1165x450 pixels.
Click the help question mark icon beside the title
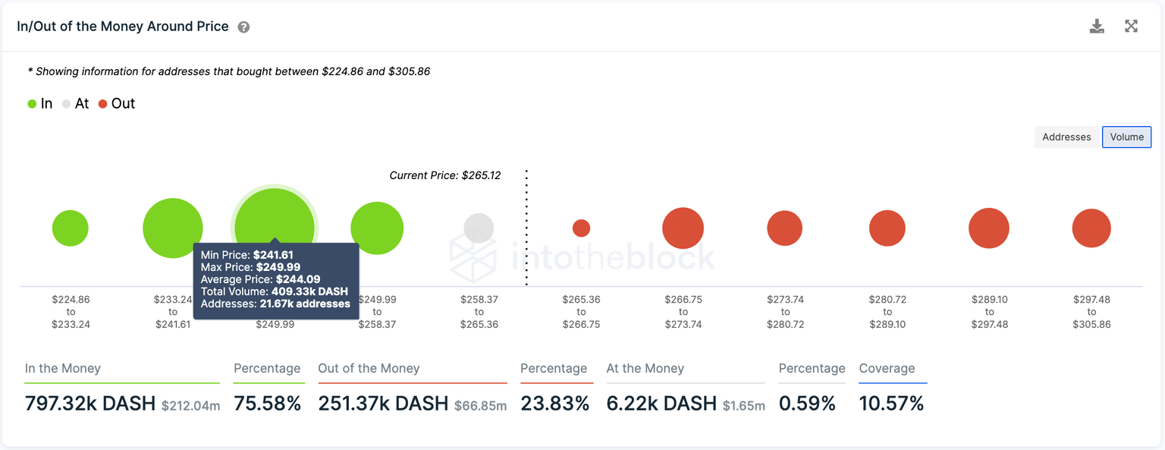[243, 27]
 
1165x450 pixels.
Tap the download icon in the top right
[1097, 27]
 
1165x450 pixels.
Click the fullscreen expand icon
[1131, 27]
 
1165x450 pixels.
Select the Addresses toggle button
[1066, 137]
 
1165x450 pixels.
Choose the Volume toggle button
[1126, 137]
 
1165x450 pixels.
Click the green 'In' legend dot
[32, 104]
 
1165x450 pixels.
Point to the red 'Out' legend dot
[102, 104]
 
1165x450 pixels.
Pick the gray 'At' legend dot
[67, 104]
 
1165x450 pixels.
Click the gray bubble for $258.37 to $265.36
[479, 228]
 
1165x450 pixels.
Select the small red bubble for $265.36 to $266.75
[581, 228]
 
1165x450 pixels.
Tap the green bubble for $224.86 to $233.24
[71, 228]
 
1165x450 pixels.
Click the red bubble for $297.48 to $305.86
[1091, 228]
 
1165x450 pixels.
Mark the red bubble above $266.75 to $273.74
[683, 228]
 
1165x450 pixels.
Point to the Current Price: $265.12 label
[444, 175]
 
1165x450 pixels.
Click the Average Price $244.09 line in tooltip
[260, 279]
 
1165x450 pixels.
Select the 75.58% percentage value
[267, 404]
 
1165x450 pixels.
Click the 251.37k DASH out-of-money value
[383, 404]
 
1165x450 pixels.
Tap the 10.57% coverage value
[891, 404]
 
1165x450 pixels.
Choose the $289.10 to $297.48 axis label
[989, 312]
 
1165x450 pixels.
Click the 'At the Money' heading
[645, 369]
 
